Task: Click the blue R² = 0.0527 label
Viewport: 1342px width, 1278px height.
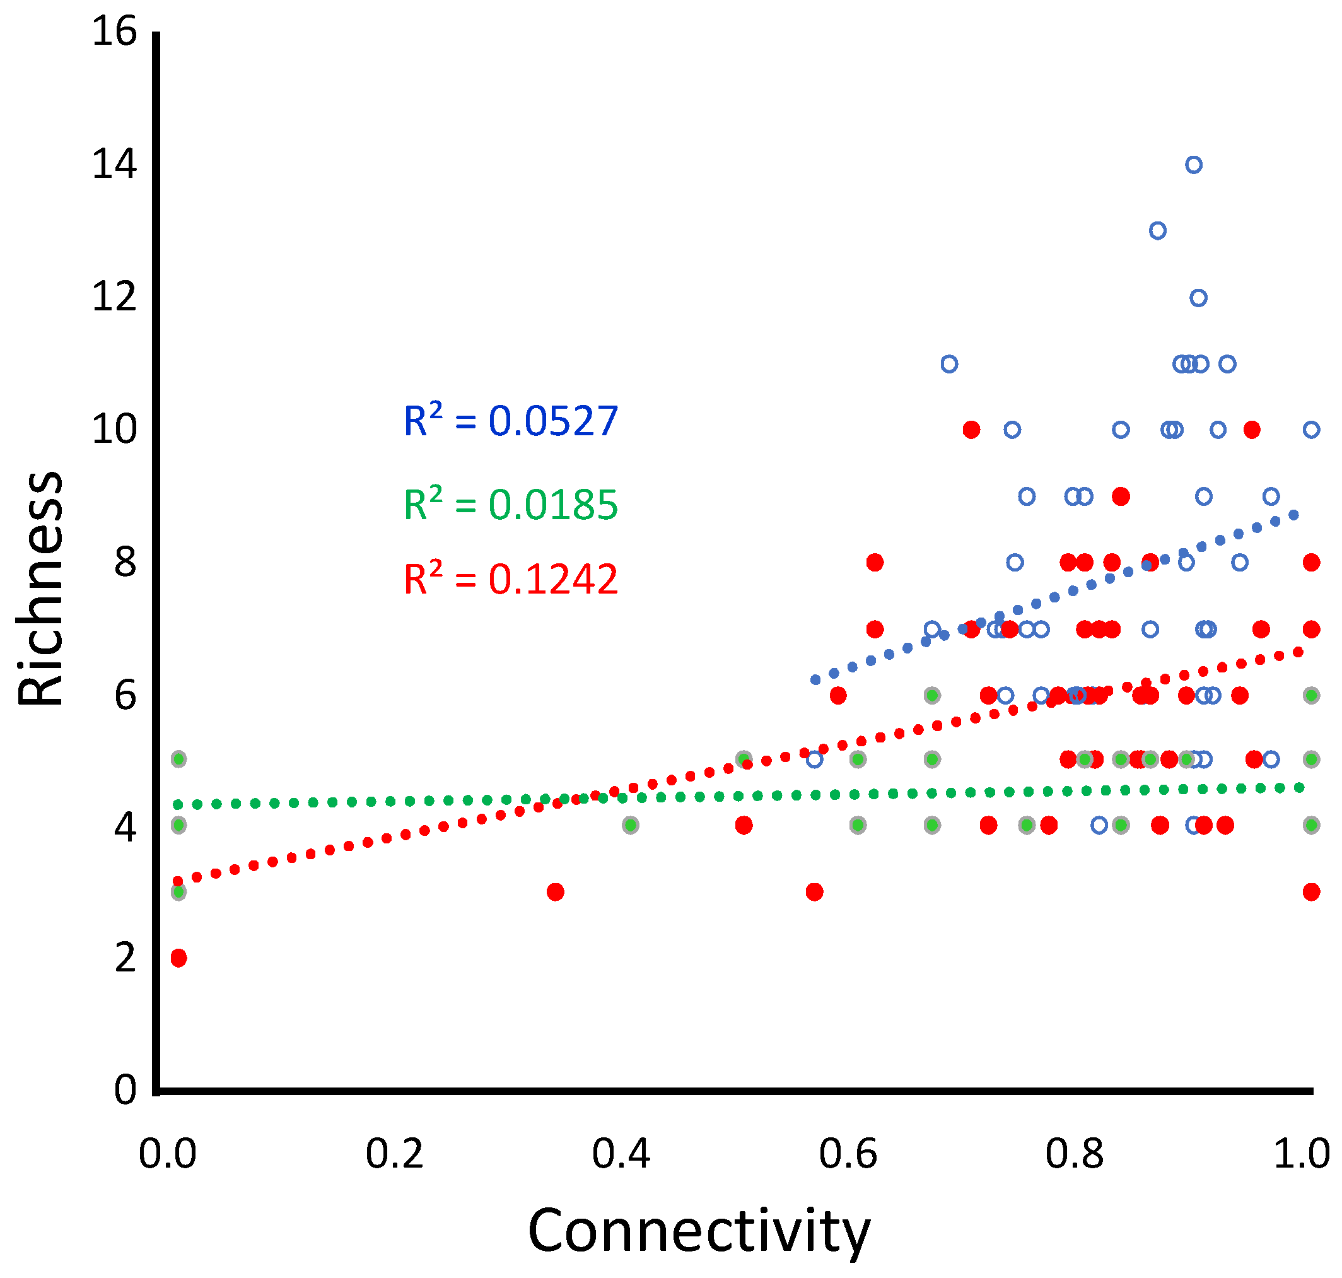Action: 510,421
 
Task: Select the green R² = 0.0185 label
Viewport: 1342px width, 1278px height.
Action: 510,505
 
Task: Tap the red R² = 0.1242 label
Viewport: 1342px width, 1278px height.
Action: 510,579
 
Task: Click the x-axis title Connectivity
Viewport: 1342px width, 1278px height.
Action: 699,1232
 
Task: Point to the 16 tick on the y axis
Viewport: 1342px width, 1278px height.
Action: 114,32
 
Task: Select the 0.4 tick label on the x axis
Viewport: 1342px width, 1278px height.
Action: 621,1155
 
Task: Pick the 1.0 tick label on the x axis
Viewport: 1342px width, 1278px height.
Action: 1301,1155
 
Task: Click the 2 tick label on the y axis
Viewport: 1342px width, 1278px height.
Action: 125,959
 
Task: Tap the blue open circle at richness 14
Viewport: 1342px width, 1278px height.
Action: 1194,165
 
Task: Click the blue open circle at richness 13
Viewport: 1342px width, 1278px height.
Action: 1157,231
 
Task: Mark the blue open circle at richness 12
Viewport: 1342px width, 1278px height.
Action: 1198,298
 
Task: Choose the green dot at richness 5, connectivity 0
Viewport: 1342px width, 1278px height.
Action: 178,759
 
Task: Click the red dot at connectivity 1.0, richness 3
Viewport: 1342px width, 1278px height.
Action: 1310,892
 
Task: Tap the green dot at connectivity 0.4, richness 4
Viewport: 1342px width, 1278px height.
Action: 630,825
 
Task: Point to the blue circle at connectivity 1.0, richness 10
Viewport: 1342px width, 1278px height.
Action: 1310,430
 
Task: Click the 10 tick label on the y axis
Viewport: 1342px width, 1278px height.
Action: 114,430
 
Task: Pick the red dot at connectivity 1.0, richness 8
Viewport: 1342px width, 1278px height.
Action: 1310,562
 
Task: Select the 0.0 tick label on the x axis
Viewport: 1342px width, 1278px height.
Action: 168,1155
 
